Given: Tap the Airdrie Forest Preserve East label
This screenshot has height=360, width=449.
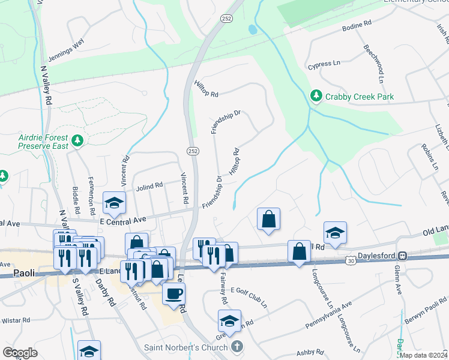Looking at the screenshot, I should coord(42,142).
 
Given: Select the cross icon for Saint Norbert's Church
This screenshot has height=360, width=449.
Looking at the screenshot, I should coord(238,346).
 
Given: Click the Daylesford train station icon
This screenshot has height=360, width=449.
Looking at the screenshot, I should coord(405,256).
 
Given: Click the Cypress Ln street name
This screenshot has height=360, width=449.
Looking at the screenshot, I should coord(324,64).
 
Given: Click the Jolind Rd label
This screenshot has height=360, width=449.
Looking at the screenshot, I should coord(149,186).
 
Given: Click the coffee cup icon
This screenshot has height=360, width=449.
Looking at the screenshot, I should coord(173,293).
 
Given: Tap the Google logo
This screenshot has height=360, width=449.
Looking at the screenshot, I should coord(20,353).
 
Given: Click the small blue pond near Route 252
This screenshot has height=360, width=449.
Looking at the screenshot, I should coord(252,29).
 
